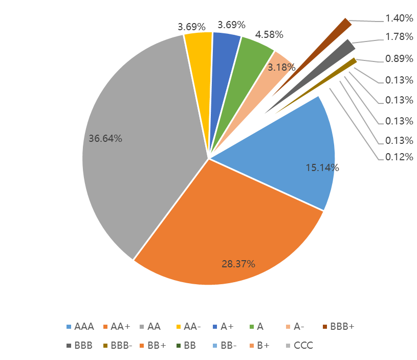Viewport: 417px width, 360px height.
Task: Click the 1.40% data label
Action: (x=399, y=18)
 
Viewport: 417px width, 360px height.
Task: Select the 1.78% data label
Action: (x=399, y=37)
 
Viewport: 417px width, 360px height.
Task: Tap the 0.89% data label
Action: (x=399, y=58)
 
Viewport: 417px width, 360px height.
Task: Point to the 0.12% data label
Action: (x=399, y=157)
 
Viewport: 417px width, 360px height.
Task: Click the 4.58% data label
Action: (x=269, y=35)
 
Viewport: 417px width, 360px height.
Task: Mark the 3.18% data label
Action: (x=281, y=67)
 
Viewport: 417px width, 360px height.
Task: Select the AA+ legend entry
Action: (x=117, y=326)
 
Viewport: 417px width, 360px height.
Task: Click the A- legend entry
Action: (x=295, y=326)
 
